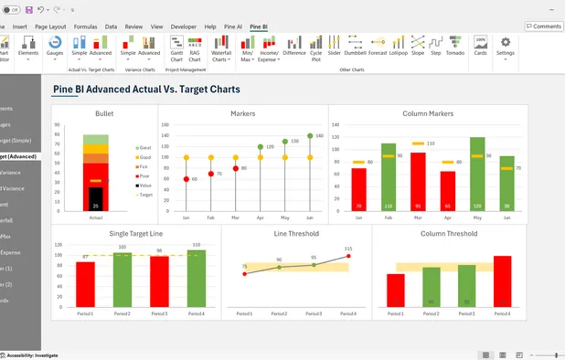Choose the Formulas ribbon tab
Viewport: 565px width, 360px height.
click(x=85, y=27)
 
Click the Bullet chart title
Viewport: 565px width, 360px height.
click(x=104, y=114)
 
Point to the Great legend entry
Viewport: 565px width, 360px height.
click(x=144, y=148)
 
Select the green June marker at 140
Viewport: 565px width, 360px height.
click(x=311, y=136)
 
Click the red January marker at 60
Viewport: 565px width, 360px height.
click(x=187, y=179)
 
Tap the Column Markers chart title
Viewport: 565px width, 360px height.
click(x=428, y=114)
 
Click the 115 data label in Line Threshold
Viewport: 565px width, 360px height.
click(x=347, y=249)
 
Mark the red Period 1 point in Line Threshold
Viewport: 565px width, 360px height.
click(x=244, y=273)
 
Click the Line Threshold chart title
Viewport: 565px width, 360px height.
click(x=296, y=234)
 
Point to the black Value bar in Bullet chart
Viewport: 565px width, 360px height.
click(x=96, y=197)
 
